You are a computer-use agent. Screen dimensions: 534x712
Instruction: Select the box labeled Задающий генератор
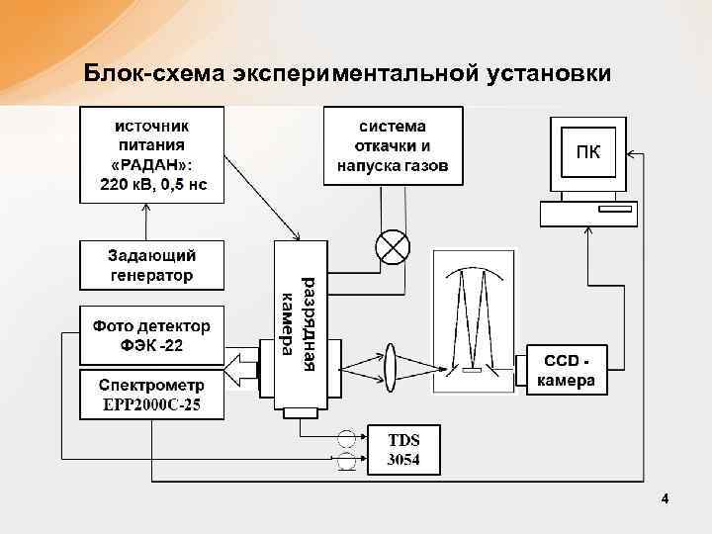(x=151, y=265)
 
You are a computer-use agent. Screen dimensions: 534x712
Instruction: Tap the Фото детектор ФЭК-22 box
(x=151, y=335)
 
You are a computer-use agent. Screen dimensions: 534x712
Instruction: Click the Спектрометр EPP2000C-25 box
(x=151, y=395)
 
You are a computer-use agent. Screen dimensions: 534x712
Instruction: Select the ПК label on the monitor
(x=587, y=153)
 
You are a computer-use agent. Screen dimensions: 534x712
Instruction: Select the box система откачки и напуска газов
(x=394, y=146)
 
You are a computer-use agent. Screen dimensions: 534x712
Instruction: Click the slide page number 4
(x=666, y=498)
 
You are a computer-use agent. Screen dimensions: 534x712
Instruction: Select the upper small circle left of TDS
(x=347, y=438)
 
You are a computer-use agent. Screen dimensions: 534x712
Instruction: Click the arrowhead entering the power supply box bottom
(x=146, y=209)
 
